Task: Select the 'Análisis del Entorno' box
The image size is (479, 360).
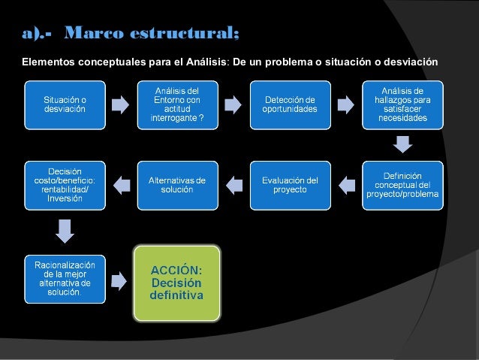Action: (176, 104)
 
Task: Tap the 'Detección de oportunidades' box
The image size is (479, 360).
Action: (289, 104)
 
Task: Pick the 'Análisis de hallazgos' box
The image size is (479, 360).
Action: (402, 104)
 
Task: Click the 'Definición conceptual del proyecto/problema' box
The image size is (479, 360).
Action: (402, 184)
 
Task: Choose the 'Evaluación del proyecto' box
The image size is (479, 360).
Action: (289, 184)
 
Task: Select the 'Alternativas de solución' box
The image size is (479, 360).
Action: (176, 184)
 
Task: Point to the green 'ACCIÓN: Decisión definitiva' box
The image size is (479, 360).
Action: (176, 282)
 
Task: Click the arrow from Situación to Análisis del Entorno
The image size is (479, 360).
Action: (120, 104)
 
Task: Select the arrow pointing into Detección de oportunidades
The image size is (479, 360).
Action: (233, 104)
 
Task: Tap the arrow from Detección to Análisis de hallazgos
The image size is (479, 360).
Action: (346, 104)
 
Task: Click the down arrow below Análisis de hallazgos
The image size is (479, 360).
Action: (403, 143)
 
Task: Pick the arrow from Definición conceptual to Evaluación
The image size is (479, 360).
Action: (346, 182)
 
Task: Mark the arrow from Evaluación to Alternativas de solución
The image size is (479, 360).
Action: (233, 182)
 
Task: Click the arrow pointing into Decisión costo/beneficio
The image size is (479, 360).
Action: (120, 182)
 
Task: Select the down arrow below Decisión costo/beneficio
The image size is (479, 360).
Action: (65, 230)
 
